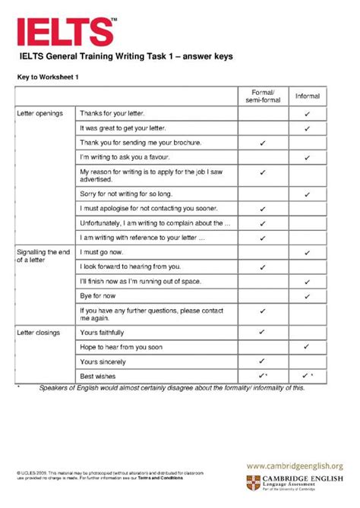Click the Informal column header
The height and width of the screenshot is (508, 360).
point(307,96)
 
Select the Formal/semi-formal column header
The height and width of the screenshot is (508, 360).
point(262,96)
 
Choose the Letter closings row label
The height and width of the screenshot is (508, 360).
point(38,332)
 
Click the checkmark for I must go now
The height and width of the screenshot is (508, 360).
point(308,251)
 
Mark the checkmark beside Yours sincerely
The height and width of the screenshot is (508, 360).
point(262,361)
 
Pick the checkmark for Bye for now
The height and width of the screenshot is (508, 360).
point(308,295)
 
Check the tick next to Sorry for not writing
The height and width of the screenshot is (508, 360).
point(308,194)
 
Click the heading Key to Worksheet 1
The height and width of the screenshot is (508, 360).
point(49,77)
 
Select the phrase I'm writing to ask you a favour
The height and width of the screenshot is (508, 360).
point(123,157)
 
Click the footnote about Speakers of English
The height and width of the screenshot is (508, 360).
point(171,388)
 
